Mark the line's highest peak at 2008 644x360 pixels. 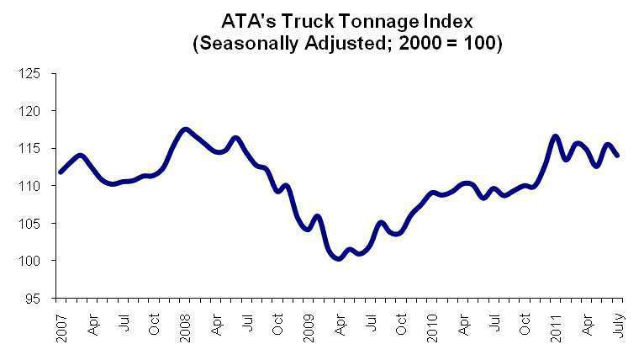point(186,130)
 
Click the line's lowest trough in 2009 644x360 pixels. point(339,259)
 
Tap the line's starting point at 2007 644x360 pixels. point(61,172)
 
